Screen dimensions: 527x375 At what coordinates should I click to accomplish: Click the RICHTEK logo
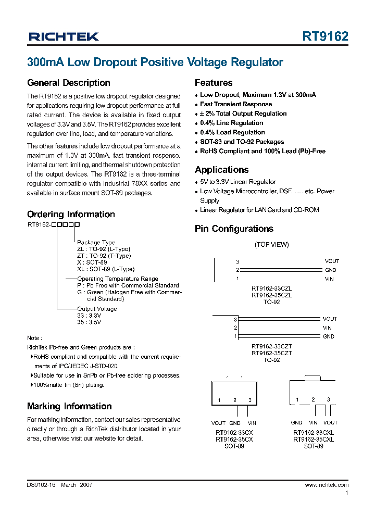click(x=64, y=36)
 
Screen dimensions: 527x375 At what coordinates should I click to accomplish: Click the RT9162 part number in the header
click(x=326, y=36)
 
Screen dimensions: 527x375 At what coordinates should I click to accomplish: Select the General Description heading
click(x=68, y=83)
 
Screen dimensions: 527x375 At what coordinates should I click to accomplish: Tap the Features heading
click(x=214, y=83)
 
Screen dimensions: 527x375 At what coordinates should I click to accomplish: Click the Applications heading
click(x=221, y=170)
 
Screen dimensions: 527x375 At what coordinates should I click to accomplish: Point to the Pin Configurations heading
click(x=234, y=229)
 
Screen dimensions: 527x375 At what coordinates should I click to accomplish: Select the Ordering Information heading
click(x=71, y=215)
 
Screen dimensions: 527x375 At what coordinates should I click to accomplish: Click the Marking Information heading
click(x=69, y=406)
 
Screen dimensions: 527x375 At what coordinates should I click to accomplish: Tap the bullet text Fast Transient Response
click(x=236, y=104)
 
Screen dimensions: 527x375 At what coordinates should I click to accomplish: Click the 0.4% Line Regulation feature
click(x=231, y=123)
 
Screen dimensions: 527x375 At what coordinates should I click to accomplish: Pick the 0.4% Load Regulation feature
click(x=232, y=132)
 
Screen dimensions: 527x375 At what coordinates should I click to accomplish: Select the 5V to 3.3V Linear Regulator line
click(x=238, y=182)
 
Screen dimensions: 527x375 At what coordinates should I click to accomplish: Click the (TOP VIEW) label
click(x=271, y=245)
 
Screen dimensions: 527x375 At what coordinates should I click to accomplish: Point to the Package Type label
click(x=96, y=243)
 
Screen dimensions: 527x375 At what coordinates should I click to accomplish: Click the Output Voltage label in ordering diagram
click(x=97, y=309)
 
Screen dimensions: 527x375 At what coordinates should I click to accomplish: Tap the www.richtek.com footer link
click(x=327, y=485)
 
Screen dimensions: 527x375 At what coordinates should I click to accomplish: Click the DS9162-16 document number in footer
click(x=41, y=485)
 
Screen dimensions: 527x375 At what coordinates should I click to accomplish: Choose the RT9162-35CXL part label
click(x=313, y=440)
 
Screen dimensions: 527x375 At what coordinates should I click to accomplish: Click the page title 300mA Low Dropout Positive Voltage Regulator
click(x=155, y=62)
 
